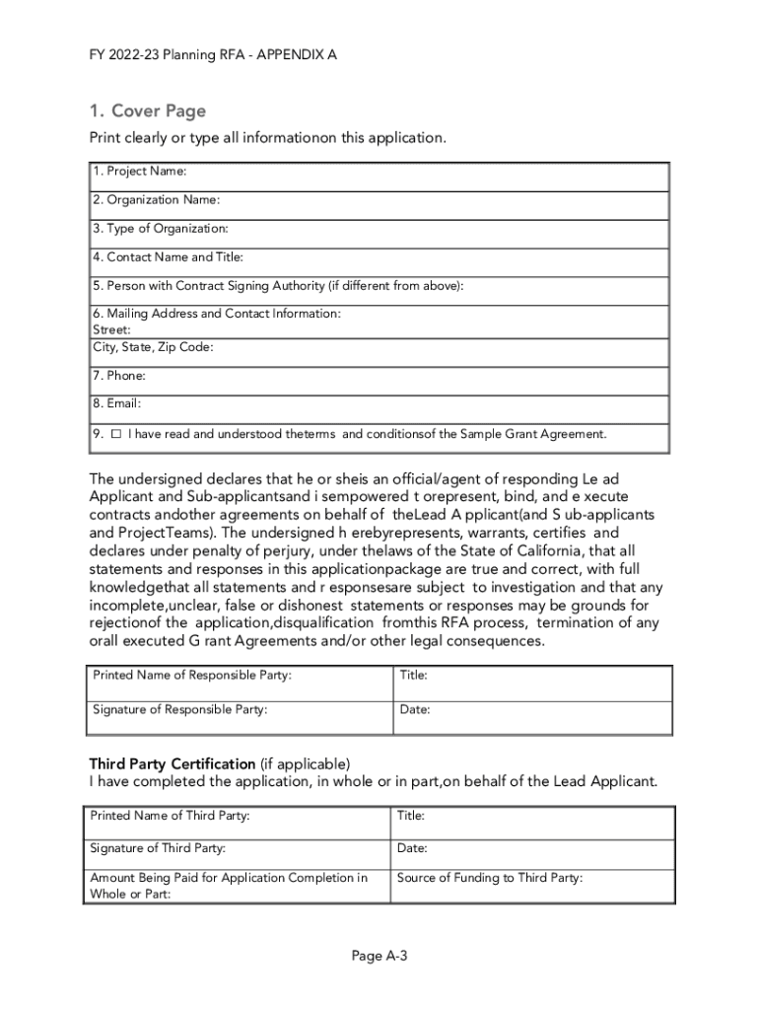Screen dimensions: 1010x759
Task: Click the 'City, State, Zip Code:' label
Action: [x=153, y=347]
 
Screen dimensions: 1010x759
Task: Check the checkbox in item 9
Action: [x=115, y=434]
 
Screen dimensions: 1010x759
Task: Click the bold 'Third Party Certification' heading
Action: [x=172, y=764]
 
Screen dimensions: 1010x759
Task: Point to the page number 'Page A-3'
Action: [x=379, y=956]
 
